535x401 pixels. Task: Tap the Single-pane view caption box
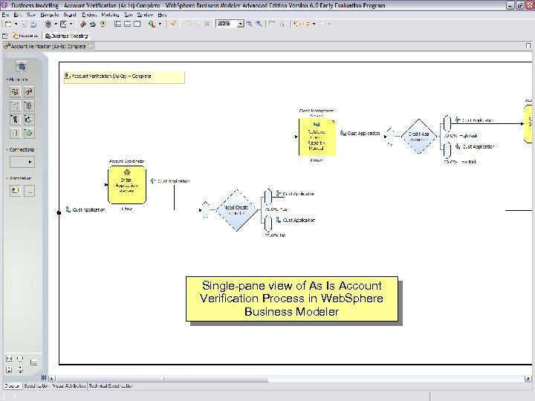coord(291,299)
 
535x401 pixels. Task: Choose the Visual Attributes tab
coord(68,386)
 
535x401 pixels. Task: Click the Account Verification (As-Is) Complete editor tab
coord(49,47)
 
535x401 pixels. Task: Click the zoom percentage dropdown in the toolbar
coord(230,24)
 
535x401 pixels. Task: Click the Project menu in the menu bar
coord(89,14)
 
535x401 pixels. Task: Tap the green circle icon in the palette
coord(28,134)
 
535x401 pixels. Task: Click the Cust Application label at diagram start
coord(88,210)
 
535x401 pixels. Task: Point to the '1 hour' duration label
coord(126,209)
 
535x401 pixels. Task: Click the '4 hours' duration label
coord(316,160)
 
